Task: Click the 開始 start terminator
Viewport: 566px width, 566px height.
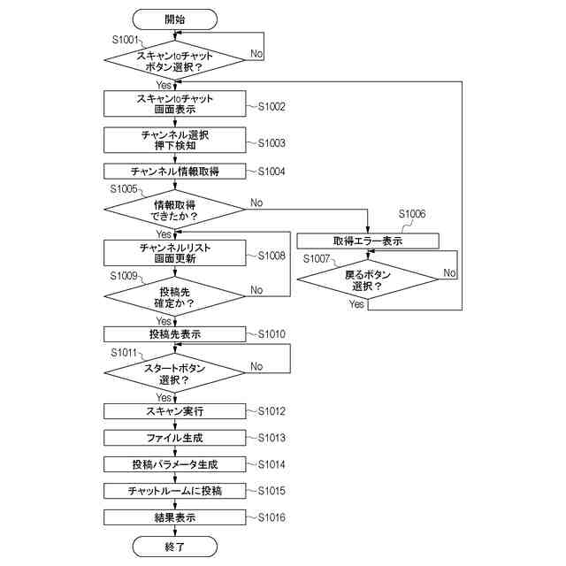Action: (x=174, y=19)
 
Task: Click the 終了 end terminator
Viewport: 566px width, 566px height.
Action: (x=174, y=547)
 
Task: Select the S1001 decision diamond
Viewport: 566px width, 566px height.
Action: (x=174, y=60)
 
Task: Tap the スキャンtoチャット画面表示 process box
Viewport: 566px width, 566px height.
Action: (x=174, y=103)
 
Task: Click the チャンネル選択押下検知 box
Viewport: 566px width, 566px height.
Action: (x=174, y=140)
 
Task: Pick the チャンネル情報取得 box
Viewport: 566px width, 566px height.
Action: (x=174, y=171)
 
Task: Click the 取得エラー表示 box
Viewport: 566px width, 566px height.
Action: (x=367, y=241)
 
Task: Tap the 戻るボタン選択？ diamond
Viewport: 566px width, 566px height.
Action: (x=367, y=280)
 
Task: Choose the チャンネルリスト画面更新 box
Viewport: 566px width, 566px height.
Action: (x=174, y=253)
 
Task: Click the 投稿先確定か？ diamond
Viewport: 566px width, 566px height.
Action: (x=174, y=297)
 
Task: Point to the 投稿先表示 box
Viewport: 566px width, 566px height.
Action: (x=174, y=334)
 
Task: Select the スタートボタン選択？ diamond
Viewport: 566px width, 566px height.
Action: (x=174, y=373)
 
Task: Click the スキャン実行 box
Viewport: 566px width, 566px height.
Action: (x=174, y=411)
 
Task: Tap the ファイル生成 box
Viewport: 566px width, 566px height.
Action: (x=174, y=438)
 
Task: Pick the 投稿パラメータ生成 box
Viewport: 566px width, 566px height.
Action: (x=174, y=464)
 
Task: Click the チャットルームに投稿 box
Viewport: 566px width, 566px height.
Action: (x=174, y=491)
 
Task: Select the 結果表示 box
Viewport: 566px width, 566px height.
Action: (x=174, y=517)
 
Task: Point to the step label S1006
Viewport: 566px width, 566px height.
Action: (x=411, y=214)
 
